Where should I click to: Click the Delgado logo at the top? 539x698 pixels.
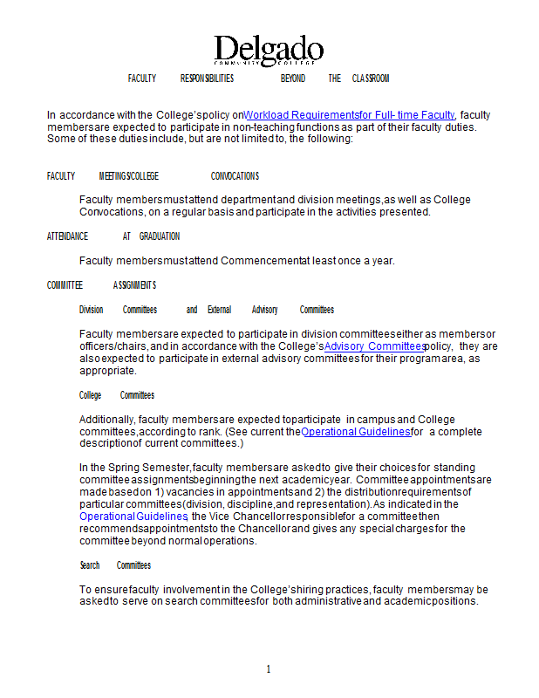[x=269, y=51]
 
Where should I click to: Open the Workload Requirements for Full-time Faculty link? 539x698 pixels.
[x=350, y=114]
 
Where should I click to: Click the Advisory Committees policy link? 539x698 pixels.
[x=374, y=346]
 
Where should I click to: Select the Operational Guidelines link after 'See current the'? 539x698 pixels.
[x=355, y=431]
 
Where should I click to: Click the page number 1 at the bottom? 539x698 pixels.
[x=269, y=669]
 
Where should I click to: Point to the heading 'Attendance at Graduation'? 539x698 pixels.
[x=113, y=236]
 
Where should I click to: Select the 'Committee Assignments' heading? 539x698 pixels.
[x=101, y=285]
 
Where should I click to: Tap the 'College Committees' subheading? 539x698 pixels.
[x=117, y=395]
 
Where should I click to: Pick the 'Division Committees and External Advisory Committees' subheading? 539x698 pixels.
[x=207, y=310]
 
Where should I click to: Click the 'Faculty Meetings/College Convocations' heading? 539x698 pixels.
[x=153, y=176]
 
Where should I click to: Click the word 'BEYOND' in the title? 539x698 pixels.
[x=293, y=79]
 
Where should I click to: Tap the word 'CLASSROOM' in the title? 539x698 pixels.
[x=371, y=79]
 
